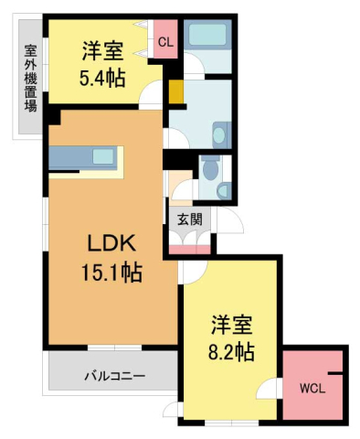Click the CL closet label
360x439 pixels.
pyautogui.click(x=165, y=42)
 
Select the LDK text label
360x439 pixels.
pyautogui.click(x=111, y=243)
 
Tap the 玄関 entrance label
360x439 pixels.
pyautogui.click(x=189, y=219)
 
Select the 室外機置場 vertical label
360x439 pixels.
pyautogui.click(x=29, y=77)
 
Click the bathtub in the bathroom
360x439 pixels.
pyautogui.click(x=209, y=37)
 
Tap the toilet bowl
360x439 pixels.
pyautogui.click(x=209, y=168)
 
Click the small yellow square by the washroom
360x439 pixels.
pyautogui.click(x=175, y=93)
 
